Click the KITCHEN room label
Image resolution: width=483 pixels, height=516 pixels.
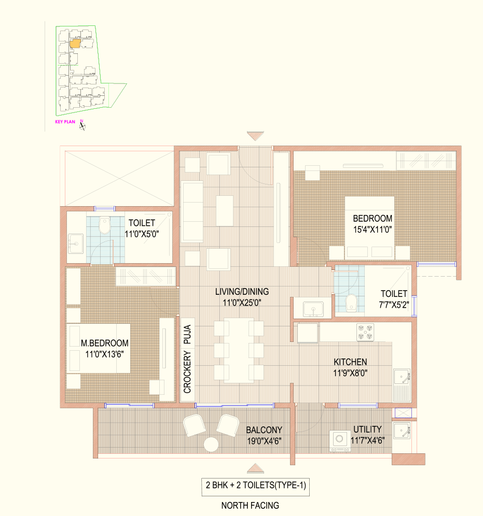(x=350, y=362)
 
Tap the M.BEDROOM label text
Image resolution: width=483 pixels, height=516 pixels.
(x=105, y=343)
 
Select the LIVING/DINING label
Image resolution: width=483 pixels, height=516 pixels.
(x=242, y=292)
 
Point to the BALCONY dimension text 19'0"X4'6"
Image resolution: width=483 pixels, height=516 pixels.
(x=264, y=441)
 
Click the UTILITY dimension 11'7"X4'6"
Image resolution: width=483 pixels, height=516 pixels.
(x=368, y=440)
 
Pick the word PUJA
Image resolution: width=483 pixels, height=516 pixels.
(x=187, y=334)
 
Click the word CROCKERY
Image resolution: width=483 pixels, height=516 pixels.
(x=187, y=372)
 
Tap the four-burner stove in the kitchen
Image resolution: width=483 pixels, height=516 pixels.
(x=365, y=332)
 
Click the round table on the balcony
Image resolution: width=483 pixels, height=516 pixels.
(x=211, y=445)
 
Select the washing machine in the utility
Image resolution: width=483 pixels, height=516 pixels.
(x=340, y=441)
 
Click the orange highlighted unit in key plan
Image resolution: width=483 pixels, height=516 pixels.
(x=75, y=44)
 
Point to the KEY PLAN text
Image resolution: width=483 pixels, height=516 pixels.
(x=65, y=122)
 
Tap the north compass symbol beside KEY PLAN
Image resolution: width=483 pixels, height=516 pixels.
(x=82, y=125)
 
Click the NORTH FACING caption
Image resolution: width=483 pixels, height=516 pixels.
(x=250, y=506)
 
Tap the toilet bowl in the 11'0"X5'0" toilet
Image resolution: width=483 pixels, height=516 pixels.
(x=105, y=225)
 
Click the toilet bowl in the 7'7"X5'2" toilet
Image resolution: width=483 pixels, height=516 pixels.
(x=351, y=303)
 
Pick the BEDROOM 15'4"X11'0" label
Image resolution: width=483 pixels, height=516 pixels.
(x=372, y=224)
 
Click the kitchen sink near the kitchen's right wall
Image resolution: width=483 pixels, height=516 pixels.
(x=402, y=377)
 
